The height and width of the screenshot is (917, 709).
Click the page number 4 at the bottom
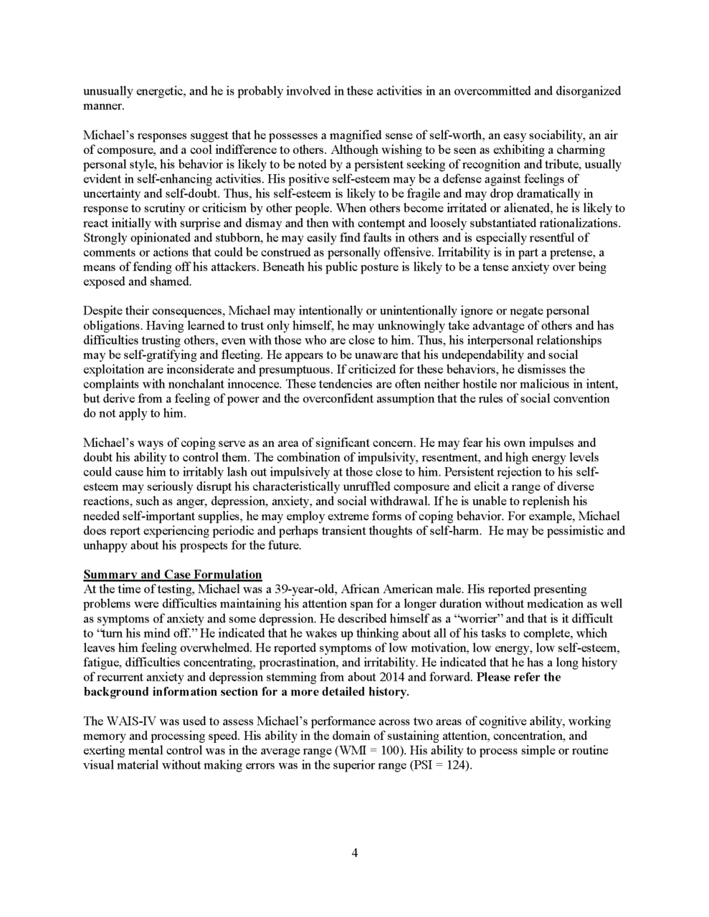point(354,853)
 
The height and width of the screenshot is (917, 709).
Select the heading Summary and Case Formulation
point(173,575)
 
